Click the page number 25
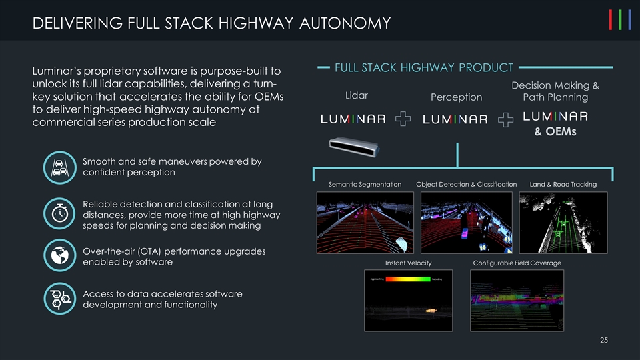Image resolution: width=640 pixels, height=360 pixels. click(603, 341)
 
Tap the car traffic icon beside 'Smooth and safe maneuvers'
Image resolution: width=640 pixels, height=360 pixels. click(59, 167)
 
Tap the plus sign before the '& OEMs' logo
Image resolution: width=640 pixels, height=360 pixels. click(507, 119)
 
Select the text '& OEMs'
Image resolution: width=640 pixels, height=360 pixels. click(555, 131)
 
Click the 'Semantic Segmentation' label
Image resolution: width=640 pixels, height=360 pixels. click(365, 184)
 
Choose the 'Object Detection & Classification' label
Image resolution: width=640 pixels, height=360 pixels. click(466, 184)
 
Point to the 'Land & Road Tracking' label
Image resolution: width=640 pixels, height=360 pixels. click(563, 184)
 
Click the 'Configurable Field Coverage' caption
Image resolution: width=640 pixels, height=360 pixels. click(517, 263)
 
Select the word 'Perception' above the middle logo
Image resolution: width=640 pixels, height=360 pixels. click(456, 97)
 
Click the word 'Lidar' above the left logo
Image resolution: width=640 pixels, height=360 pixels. click(356, 94)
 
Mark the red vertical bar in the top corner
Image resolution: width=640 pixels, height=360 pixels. click(611, 21)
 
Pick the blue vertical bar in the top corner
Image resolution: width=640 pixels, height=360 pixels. click(630, 21)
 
